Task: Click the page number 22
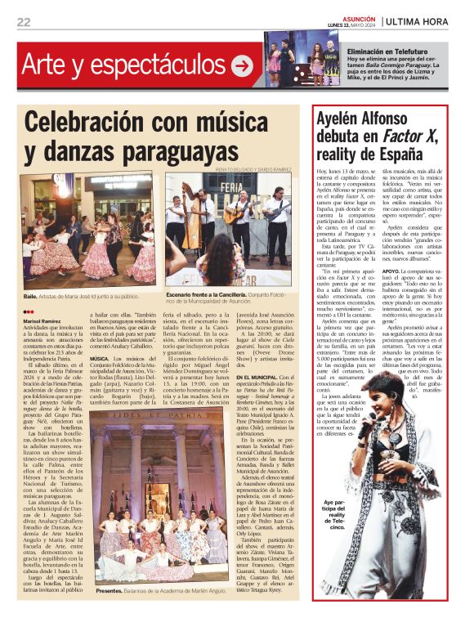(23, 22)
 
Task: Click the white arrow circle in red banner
(242, 65)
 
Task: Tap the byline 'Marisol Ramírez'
(42, 321)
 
